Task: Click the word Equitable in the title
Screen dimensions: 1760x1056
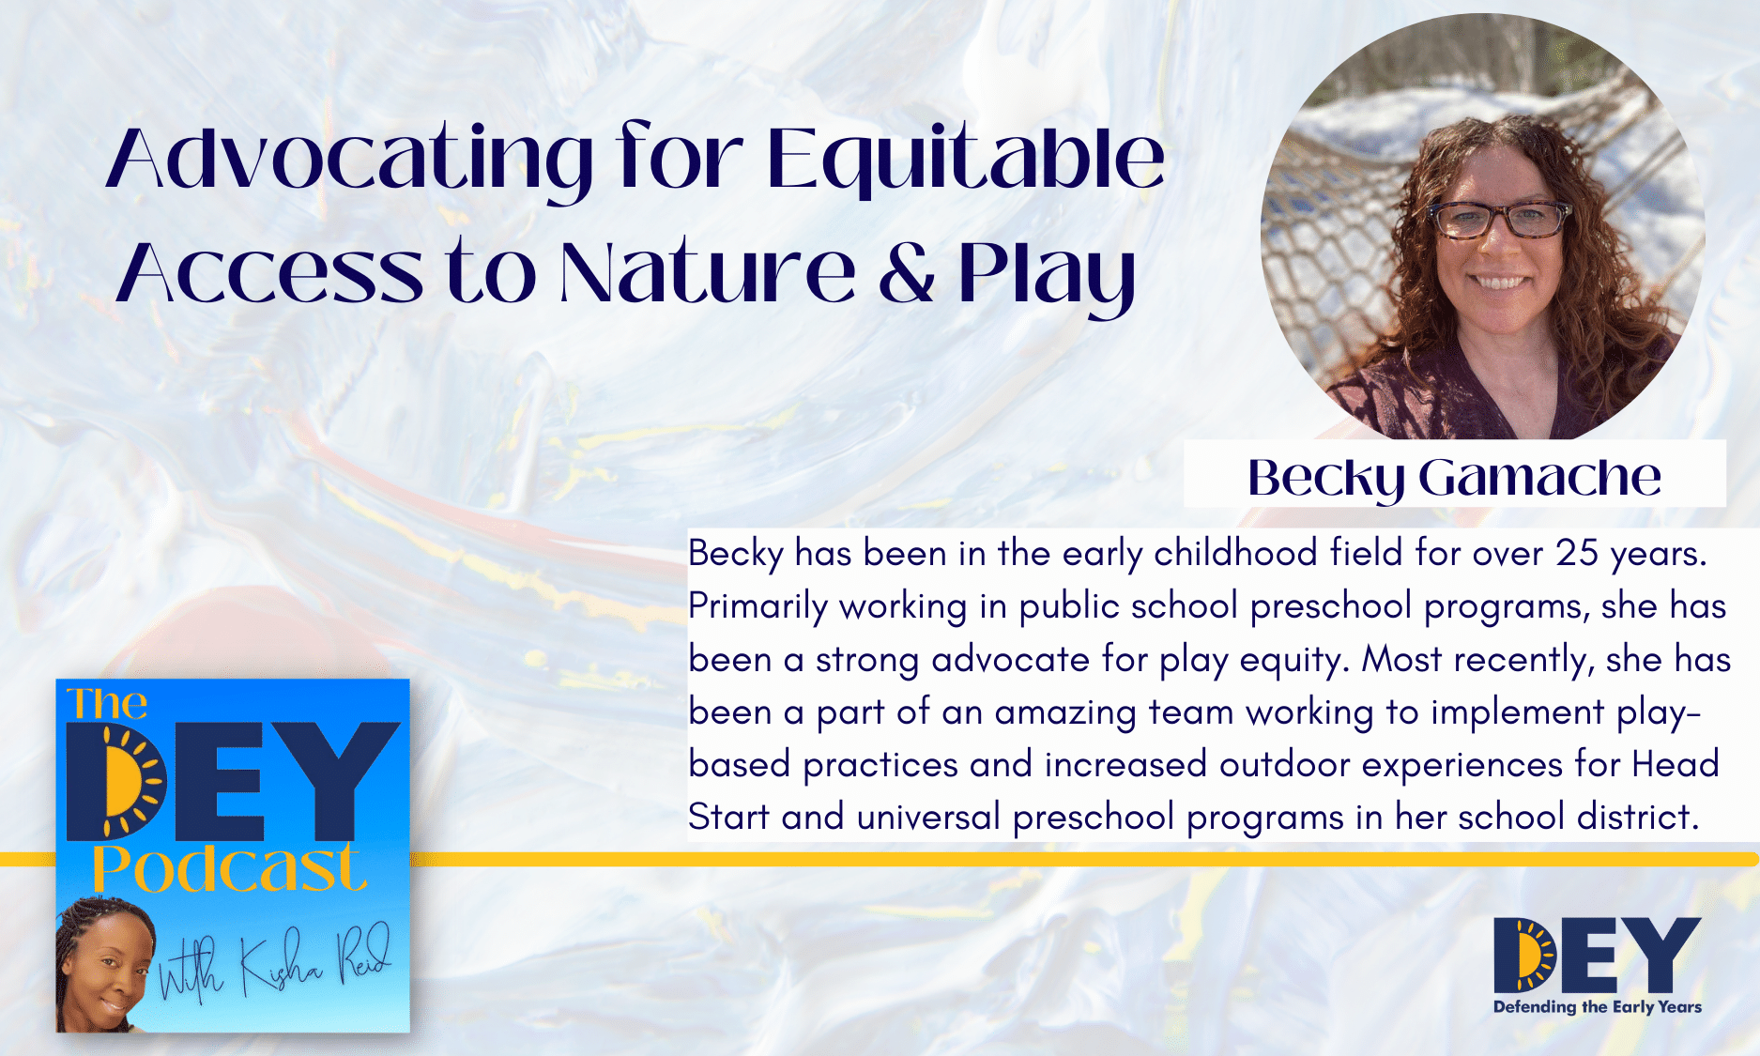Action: click(966, 160)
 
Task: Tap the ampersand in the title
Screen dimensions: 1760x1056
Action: click(906, 272)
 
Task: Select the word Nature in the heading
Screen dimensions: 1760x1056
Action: click(708, 272)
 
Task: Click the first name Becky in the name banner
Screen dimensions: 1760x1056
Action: click(1325, 479)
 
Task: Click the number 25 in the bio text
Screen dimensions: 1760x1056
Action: click(1577, 553)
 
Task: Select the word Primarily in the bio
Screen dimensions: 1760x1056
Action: click(758, 607)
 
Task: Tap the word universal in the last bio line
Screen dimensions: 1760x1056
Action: click(928, 817)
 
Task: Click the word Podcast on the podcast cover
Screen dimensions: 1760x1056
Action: click(228, 868)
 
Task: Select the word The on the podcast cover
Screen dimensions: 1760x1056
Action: click(107, 704)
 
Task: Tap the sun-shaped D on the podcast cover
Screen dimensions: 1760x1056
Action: click(117, 781)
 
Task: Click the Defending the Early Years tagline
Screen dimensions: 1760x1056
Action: click(1598, 1007)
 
